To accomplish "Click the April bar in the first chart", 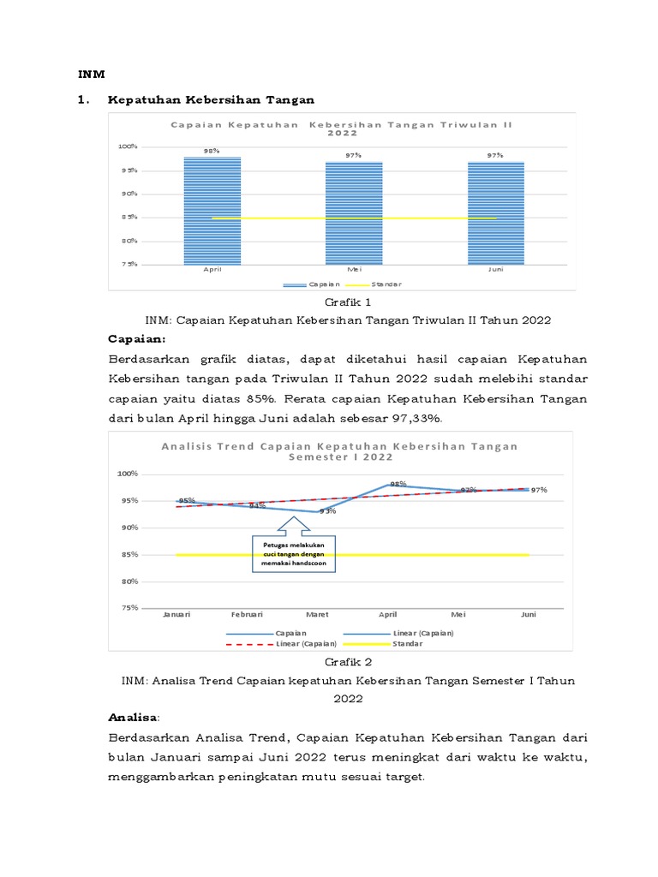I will point(212,210).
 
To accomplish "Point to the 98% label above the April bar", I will point(212,151).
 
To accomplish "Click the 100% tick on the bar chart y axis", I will point(128,146).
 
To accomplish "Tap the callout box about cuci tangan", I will point(294,560).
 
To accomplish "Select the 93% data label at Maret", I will point(327,511).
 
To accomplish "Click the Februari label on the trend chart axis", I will point(247,614).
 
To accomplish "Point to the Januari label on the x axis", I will point(176,614).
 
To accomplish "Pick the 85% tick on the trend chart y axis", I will point(129,555).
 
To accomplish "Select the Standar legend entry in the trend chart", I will point(407,643).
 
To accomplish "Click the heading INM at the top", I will point(90,75).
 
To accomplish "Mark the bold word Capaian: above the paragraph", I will point(136,338).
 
